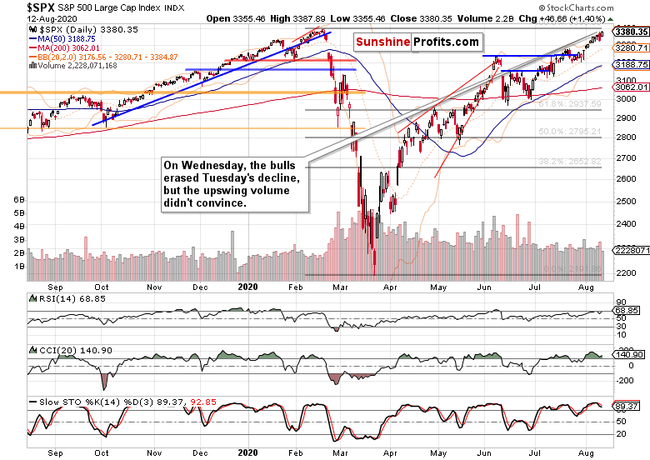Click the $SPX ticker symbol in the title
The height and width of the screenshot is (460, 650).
[x=17, y=7]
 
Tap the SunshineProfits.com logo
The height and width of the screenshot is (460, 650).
[x=418, y=42]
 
